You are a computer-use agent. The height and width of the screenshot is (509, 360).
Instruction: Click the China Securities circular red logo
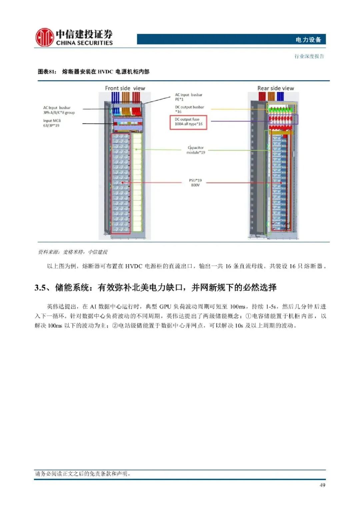coord(44,37)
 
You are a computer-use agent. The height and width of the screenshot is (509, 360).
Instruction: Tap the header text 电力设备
coord(308,40)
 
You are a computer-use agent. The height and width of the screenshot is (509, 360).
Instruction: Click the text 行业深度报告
coord(309,56)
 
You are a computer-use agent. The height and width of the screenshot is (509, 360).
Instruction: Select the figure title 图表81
coord(47,72)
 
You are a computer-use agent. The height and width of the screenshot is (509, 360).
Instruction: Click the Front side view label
coord(125,88)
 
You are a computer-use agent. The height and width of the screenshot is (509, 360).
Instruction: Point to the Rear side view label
coord(276,88)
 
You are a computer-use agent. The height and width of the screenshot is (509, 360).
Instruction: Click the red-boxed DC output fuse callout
coord(188,122)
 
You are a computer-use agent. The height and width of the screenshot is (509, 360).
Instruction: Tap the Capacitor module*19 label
coord(196,150)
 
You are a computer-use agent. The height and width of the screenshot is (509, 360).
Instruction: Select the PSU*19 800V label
coord(195,183)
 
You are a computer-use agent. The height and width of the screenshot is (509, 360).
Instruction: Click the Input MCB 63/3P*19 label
coord(52,123)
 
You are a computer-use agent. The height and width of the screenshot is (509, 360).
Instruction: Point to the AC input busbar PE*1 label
coord(188,97)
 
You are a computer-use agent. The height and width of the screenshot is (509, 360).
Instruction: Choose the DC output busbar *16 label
coord(189,109)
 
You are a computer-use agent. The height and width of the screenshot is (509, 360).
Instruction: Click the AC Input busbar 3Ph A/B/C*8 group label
coord(59,110)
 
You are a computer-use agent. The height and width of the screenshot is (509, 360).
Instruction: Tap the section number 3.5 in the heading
coord(41,287)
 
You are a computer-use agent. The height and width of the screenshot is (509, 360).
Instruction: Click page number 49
coord(322,485)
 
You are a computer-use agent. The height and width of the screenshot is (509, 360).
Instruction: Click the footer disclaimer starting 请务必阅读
coord(83,473)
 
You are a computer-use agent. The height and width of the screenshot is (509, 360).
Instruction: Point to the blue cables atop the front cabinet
coord(115,97)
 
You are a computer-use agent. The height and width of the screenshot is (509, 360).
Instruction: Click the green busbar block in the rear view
coord(282,109)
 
